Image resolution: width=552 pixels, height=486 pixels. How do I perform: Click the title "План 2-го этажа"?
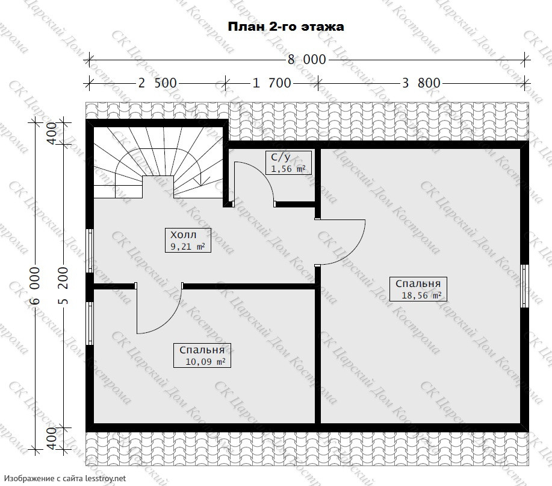tap(286, 27)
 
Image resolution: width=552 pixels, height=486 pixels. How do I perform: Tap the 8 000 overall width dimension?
tap(307, 60)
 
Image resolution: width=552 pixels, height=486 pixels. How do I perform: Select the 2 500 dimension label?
tap(157, 83)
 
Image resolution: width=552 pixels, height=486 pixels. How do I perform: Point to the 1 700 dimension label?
tap(271, 83)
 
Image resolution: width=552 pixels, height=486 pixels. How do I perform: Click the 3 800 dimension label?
tap(421, 83)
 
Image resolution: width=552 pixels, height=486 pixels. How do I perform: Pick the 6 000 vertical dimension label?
tap(35, 285)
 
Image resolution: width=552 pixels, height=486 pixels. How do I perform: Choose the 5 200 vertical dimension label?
tap(63, 285)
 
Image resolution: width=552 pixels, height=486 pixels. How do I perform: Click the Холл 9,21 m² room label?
tap(188, 240)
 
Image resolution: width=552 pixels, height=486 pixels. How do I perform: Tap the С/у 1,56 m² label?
tap(288, 163)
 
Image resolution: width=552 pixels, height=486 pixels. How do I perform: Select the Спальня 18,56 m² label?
tap(418, 289)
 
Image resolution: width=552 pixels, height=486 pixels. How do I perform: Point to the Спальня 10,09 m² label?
tap(202, 356)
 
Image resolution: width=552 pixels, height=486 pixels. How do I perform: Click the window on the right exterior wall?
tap(524, 286)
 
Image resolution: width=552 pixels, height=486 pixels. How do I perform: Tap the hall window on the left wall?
tap(90, 251)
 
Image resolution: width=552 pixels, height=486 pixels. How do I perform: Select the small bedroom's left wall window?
tap(90, 323)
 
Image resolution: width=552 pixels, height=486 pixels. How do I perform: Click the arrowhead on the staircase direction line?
tap(200, 183)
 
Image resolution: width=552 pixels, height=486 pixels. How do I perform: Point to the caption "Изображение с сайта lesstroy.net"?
tap(65, 479)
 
